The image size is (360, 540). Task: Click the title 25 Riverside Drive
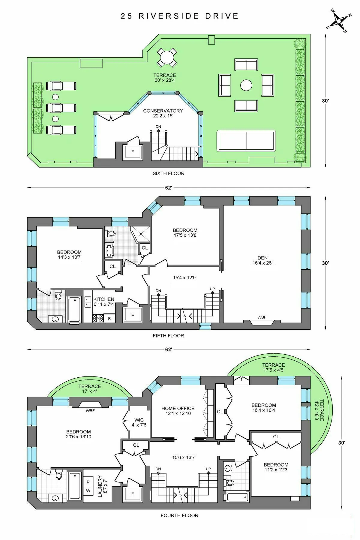point(180,16)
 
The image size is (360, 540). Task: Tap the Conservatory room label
point(163,113)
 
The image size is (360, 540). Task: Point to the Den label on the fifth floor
point(262,260)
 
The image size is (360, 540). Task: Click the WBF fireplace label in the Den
point(262,317)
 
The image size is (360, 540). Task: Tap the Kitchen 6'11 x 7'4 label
point(103,301)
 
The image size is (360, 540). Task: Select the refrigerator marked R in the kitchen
point(109,319)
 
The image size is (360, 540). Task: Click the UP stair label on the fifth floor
point(212,289)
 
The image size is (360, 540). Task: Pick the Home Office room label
point(178,411)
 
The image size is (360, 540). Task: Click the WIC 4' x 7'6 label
point(139,422)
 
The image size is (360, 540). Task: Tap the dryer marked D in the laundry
point(88,481)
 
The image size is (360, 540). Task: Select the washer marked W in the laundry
point(88,491)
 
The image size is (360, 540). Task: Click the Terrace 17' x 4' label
point(90,388)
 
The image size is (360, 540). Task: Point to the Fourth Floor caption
point(179,515)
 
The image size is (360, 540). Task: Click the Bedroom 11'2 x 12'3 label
point(276,467)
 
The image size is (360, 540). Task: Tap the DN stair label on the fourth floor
point(158,469)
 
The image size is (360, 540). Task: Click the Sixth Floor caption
point(168,173)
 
